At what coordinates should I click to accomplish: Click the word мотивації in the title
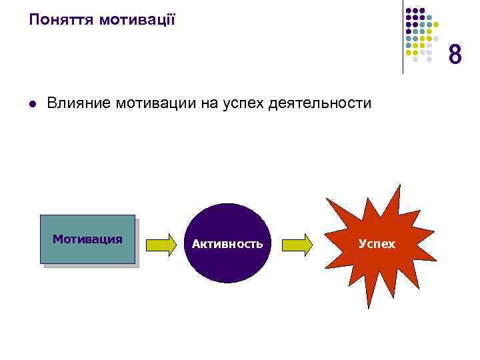pyautogui.click(x=137, y=19)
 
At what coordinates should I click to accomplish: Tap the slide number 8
pyautogui.click(x=455, y=55)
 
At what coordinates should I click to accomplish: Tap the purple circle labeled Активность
pyautogui.click(x=227, y=243)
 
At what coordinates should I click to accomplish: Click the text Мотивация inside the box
pyautogui.click(x=87, y=239)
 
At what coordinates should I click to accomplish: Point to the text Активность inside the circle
pyautogui.click(x=227, y=244)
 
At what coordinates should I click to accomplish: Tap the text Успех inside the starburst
pyautogui.click(x=377, y=244)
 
